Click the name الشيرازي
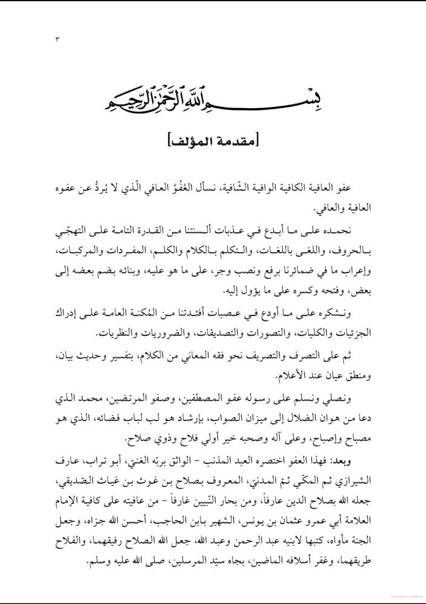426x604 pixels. [x=355, y=482]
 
